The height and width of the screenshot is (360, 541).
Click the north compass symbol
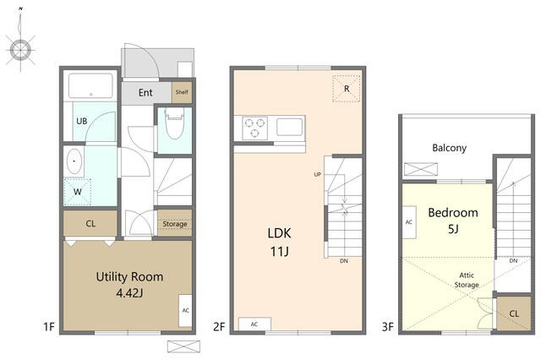click(20, 50)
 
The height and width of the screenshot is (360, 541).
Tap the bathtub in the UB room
click(90, 86)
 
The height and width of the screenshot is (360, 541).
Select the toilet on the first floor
click(174, 123)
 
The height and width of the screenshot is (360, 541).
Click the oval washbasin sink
click(74, 161)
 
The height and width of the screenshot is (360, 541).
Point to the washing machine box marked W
click(77, 192)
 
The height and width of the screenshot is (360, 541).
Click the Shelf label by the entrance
click(182, 92)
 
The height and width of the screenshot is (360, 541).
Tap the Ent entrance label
click(145, 92)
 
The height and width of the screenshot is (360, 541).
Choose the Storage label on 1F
click(175, 224)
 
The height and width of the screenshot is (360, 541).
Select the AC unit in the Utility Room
click(185, 310)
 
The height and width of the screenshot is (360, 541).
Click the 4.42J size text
click(129, 293)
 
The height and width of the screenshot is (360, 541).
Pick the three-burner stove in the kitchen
click(255, 128)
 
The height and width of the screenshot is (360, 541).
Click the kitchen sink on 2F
click(289, 127)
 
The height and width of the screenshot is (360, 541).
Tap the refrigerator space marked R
click(347, 89)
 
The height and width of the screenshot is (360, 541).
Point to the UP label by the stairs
click(318, 174)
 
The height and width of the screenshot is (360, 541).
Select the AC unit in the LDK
click(254, 325)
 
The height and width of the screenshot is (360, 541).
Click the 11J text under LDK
click(279, 252)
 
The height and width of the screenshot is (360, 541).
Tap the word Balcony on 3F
click(449, 148)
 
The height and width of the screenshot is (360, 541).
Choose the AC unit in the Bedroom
click(409, 222)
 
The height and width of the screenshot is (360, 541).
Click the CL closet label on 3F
click(514, 314)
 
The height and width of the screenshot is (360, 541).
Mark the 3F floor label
click(387, 326)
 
